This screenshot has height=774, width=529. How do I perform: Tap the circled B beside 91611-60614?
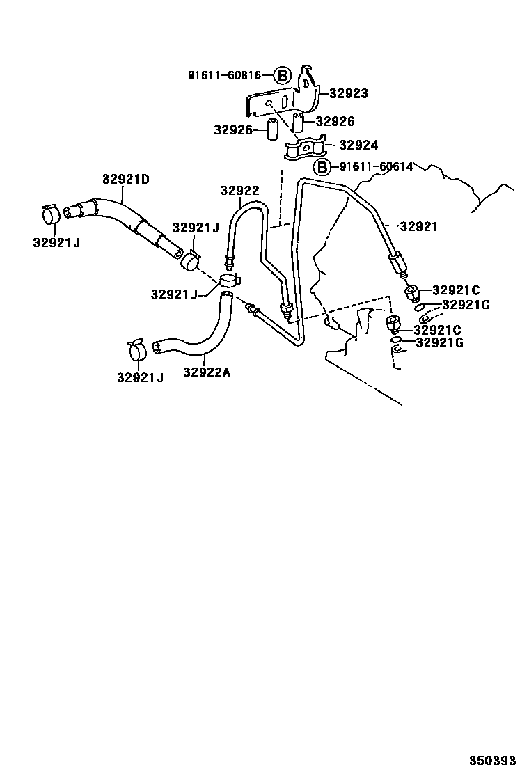(x=322, y=167)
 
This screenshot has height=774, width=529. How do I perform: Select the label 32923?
(x=349, y=93)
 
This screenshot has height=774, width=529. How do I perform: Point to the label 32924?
(x=358, y=145)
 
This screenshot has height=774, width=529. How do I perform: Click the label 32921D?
(x=125, y=179)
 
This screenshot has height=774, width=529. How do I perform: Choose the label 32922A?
(x=207, y=372)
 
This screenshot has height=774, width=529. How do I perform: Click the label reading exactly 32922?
(x=240, y=190)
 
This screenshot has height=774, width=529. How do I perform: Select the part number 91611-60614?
(x=377, y=167)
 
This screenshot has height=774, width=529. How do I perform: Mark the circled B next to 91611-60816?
(x=281, y=75)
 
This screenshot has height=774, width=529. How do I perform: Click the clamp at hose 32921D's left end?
(x=50, y=214)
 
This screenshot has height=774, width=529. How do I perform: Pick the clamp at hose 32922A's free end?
(x=138, y=349)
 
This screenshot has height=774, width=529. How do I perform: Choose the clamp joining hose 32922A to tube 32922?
(x=228, y=281)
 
